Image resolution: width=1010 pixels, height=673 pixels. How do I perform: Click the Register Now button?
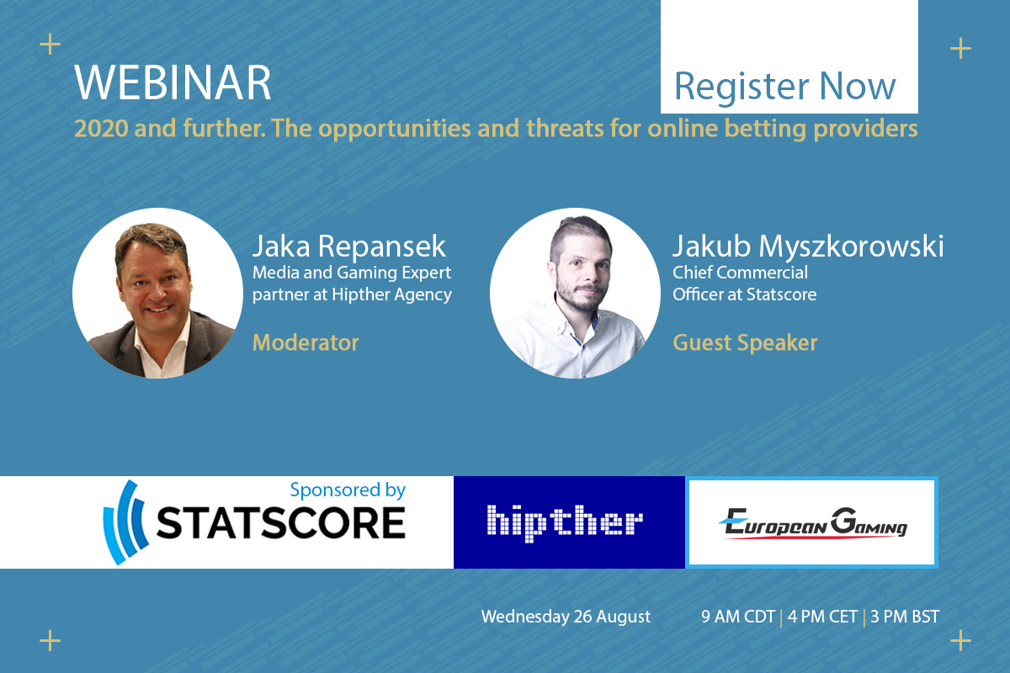click(x=789, y=57)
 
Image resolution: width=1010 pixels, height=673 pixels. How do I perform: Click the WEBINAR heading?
click(x=173, y=83)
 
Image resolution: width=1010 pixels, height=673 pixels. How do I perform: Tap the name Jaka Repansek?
click(x=349, y=246)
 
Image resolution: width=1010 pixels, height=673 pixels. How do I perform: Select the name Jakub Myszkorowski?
click(x=808, y=246)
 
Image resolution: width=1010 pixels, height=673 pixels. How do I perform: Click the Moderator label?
click(x=306, y=342)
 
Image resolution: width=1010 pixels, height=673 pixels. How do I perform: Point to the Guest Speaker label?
click(x=745, y=343)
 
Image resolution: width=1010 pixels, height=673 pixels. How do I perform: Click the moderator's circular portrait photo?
click(x=157, y=293)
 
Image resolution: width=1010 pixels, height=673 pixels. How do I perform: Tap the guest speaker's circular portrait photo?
click(x=575, y=293)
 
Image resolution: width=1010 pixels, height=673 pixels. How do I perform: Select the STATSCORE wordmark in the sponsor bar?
click(x=281, y=523)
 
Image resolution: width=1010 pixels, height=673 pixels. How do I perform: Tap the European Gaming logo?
click(x=812, y=523)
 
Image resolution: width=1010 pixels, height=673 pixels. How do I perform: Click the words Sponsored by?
click(x=348, y=490)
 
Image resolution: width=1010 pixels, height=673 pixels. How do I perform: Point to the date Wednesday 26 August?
click(x=566, y=617)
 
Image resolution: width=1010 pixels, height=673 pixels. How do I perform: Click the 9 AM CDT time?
click(x=737, y=617)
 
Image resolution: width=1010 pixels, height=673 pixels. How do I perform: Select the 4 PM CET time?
click(x=822, y=617)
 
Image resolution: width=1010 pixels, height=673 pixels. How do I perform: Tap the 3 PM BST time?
click(x=905, y=617)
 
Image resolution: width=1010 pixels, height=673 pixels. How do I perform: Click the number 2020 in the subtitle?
click(x=101, y=129)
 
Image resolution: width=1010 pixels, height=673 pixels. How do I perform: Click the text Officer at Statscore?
click(x=744, y=294)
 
